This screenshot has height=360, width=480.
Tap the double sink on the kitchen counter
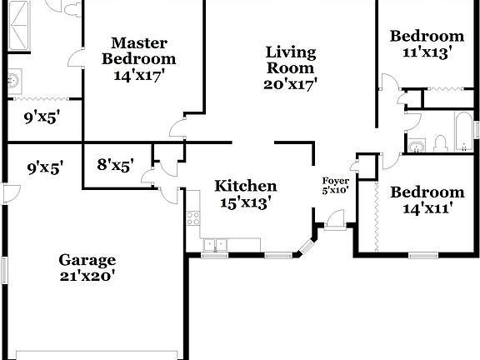tap(215, 244)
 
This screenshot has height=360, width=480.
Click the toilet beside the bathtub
tap(441, 144)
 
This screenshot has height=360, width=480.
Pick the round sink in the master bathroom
tap(12, 82)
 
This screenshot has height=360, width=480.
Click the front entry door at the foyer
tap(336, 220)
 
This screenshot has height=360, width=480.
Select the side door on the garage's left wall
tap(9, 194)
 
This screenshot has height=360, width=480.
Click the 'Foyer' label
tap(336, 181)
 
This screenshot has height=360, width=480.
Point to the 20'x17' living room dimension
tap(290, 83)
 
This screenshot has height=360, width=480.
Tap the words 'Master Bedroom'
tap(139, 51)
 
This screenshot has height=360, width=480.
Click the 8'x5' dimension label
tap(115, 165)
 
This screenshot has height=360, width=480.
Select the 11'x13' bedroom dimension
tap(427, 52)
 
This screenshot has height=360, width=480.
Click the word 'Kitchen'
tap(245, 185)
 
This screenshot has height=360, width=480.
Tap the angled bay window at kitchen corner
tap(307, 246)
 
